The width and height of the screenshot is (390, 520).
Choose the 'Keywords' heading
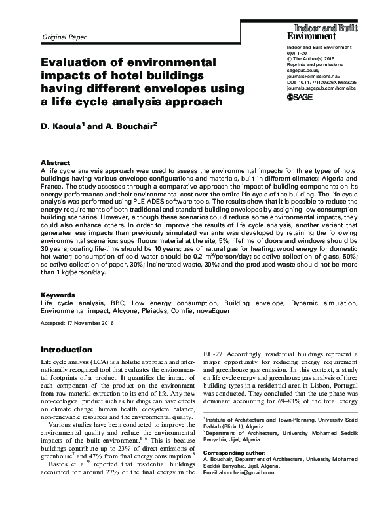57,295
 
